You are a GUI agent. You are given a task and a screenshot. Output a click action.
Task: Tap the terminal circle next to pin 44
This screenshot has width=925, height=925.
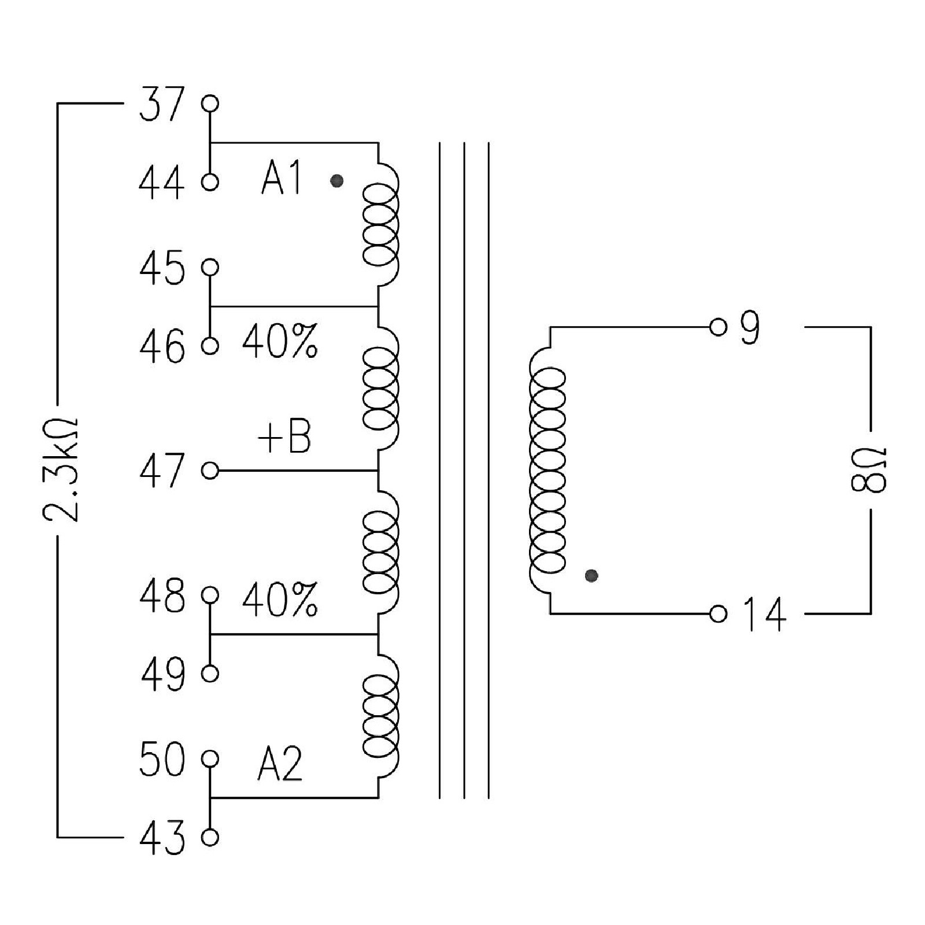[x=210, y=182]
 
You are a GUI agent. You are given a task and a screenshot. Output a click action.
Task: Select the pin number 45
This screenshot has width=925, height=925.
[x=162, y=268]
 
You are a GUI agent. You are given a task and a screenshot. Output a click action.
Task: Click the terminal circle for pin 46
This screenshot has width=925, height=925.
[x=210, y=346]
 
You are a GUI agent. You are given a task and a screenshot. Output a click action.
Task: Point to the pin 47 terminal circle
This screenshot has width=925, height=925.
[x=210, y=471]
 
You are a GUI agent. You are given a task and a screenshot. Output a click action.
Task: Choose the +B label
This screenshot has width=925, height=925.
[x=284, y=437]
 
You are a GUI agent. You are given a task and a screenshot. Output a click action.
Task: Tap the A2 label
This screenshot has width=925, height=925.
[x=280, y=764]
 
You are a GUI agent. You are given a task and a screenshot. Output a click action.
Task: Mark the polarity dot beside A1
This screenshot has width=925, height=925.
[x=336, y=182]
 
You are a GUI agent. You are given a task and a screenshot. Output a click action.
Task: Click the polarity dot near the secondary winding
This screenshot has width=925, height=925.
[x=591, y=575]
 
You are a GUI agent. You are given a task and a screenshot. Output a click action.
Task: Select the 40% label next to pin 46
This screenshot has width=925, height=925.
[x=280, y=341]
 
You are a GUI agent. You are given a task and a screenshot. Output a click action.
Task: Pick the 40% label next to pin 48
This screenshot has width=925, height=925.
[x=280, y=600]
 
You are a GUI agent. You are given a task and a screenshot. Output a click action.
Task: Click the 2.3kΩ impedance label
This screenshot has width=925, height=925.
[x=61, y=469]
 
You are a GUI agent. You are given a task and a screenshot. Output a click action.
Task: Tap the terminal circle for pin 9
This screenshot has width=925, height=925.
[x=717, y=327]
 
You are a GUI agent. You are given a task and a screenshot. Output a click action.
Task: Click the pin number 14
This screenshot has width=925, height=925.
[x=764, y=614]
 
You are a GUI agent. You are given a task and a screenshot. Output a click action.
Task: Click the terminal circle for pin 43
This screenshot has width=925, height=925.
[x=210, y=837]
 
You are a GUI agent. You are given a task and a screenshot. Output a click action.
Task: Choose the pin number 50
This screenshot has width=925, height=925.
[x=162, y=759]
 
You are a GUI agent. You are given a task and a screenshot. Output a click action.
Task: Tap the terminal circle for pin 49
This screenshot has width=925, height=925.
[x=210, y=674]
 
